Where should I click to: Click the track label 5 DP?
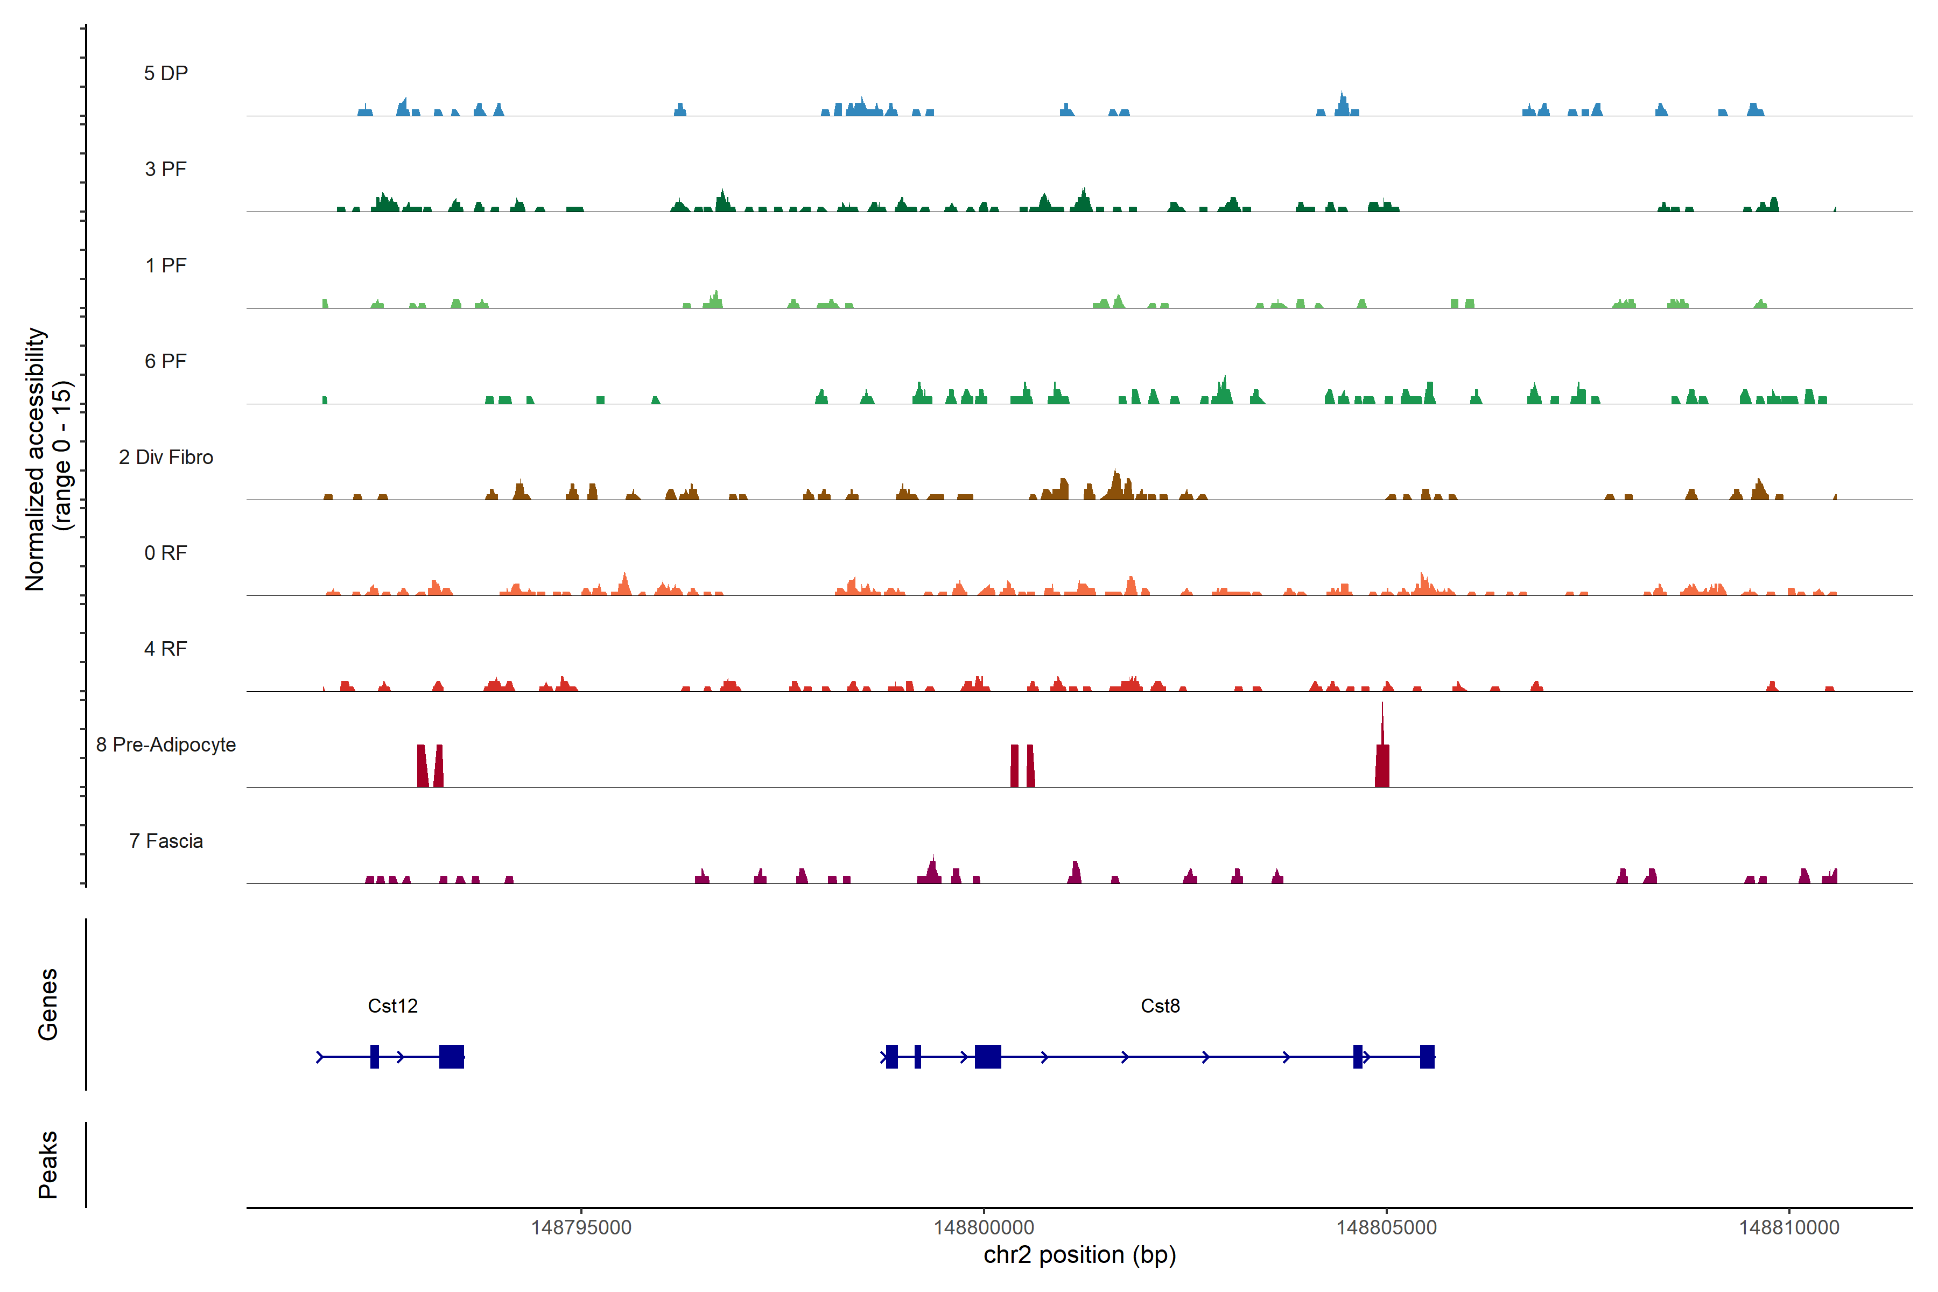pyautogui.click(x=166, y=73)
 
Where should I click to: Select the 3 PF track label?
pyautogui.click(x=166, y=169)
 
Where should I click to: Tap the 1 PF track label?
pyautogui.click(x=166, y=265)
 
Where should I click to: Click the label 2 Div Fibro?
pyautogui.click(x=166, y=457)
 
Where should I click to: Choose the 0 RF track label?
pyautogui.click(x=166, y=553)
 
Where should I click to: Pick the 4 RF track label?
pyautogui.click(x=166, y=649)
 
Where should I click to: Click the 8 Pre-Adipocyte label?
pyautogui.click(x=166, y=745)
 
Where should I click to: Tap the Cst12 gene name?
pyautogui.click(x=392, y=1006)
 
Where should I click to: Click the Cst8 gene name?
pyautogui.click(x=1160, y=1006)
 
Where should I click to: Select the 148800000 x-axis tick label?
pyautogui.click(x=984, y=1228)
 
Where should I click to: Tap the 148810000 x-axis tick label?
pyautogui.click(x=1789, y=1228)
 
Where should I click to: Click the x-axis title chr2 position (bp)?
pyautogui.click(x=1079, y=1255)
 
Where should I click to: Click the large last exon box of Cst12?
pyautogui.click(x=452, y=1056)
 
